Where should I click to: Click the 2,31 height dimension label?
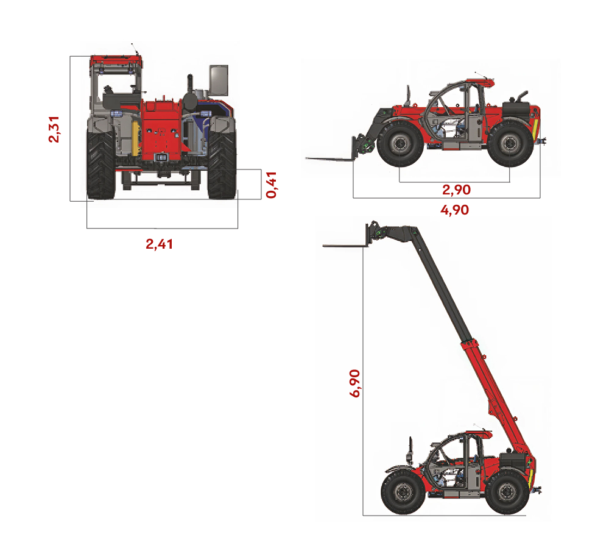coord(54,129)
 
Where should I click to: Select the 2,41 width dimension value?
coord(159,244)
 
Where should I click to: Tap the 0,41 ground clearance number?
coord(271,185)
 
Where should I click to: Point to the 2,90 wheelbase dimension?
coord(456,190)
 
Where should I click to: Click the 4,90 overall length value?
coord(454,210)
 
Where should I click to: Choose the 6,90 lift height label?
coord(354,383)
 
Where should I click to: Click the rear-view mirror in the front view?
coord(219,79)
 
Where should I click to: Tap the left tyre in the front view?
coord(100,165)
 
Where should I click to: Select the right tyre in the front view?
coord(222,165)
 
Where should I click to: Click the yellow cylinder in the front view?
coord(135,137)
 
